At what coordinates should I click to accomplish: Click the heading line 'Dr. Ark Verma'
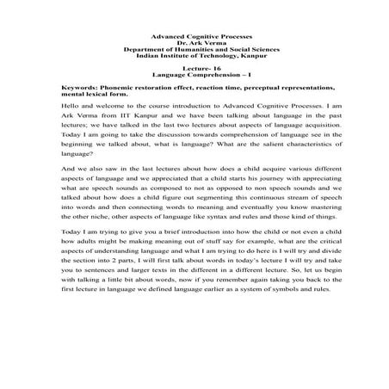pos(194,43)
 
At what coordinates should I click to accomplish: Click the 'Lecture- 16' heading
pos(194,71)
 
